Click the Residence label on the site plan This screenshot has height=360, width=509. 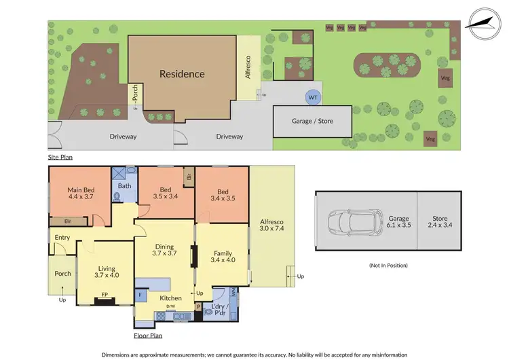[x=181, y=74]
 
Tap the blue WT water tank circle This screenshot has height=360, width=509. [x=313, y=98]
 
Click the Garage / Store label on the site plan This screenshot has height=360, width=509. [x=312, y=121]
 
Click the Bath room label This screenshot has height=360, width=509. [x=124, y=185]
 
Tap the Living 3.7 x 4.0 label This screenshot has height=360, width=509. [x=107, y=271]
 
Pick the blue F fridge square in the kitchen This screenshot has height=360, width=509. [x=140, y=295]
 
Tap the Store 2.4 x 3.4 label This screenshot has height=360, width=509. [x=440, y=221]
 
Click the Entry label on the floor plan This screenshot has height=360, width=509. [x=62, y=237]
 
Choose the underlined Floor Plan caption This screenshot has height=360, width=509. [x=148, y=336]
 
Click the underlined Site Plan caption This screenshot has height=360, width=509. [x=60, y=158]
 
